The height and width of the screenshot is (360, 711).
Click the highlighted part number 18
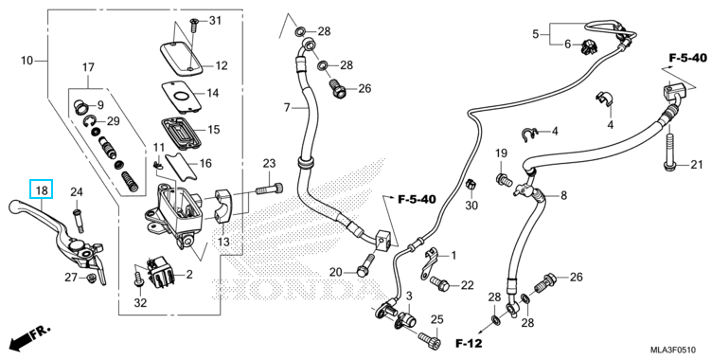(42, 189)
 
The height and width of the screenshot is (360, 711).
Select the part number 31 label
(215, 21)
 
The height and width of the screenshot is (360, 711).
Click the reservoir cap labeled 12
(181, 58)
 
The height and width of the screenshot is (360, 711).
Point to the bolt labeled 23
(269, 188)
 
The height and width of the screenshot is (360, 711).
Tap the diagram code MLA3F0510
(673, 350)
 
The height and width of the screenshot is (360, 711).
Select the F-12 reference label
(469, 343)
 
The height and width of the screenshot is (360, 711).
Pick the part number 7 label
(287, 108)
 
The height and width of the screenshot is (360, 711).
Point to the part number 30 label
(471, 206)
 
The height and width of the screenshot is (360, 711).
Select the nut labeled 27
(90, 278)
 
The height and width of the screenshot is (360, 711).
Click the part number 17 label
(88, 67)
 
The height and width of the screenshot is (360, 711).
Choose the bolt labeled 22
(439, 283)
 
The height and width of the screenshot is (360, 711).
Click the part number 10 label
(27, 60)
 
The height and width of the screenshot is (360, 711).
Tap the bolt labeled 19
(505, 179)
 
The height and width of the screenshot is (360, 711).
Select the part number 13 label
(223, 242)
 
